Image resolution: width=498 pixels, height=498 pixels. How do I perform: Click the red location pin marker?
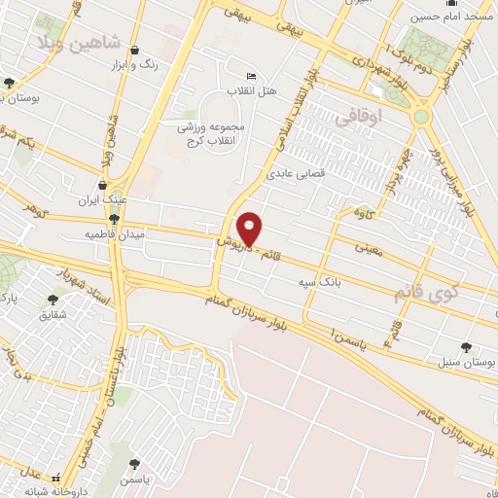click(250, 228)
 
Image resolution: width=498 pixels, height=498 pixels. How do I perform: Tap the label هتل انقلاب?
click(252, 90)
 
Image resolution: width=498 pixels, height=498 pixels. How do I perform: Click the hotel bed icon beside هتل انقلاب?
click(252, 76)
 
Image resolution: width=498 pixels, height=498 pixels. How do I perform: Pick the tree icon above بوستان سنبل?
click(466, 345)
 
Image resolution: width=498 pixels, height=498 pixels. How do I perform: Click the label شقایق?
click(53, 315)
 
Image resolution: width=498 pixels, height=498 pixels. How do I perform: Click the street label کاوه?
click(365, 213)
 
